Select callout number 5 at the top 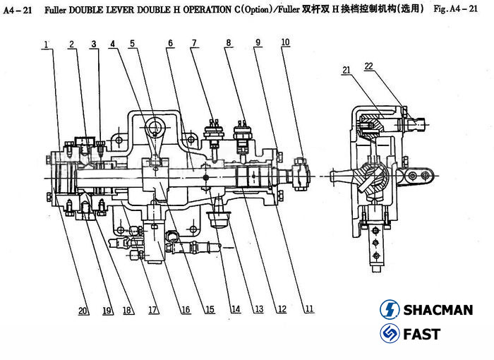click(x=132, y=44)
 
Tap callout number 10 click(x=284, y=42)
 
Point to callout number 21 click(x=346, y=69)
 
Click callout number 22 click(x=368, y=66)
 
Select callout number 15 click(x=210, y=309)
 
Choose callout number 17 click(x=153, y=309)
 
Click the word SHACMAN click(x=438, y=310)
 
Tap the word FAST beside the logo click(x=421, y=334)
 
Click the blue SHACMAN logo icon click(x=390, y=309)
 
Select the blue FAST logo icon click(x=390, y=333)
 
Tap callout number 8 click(x=229, y=43)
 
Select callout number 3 click(x=94, y=44)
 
